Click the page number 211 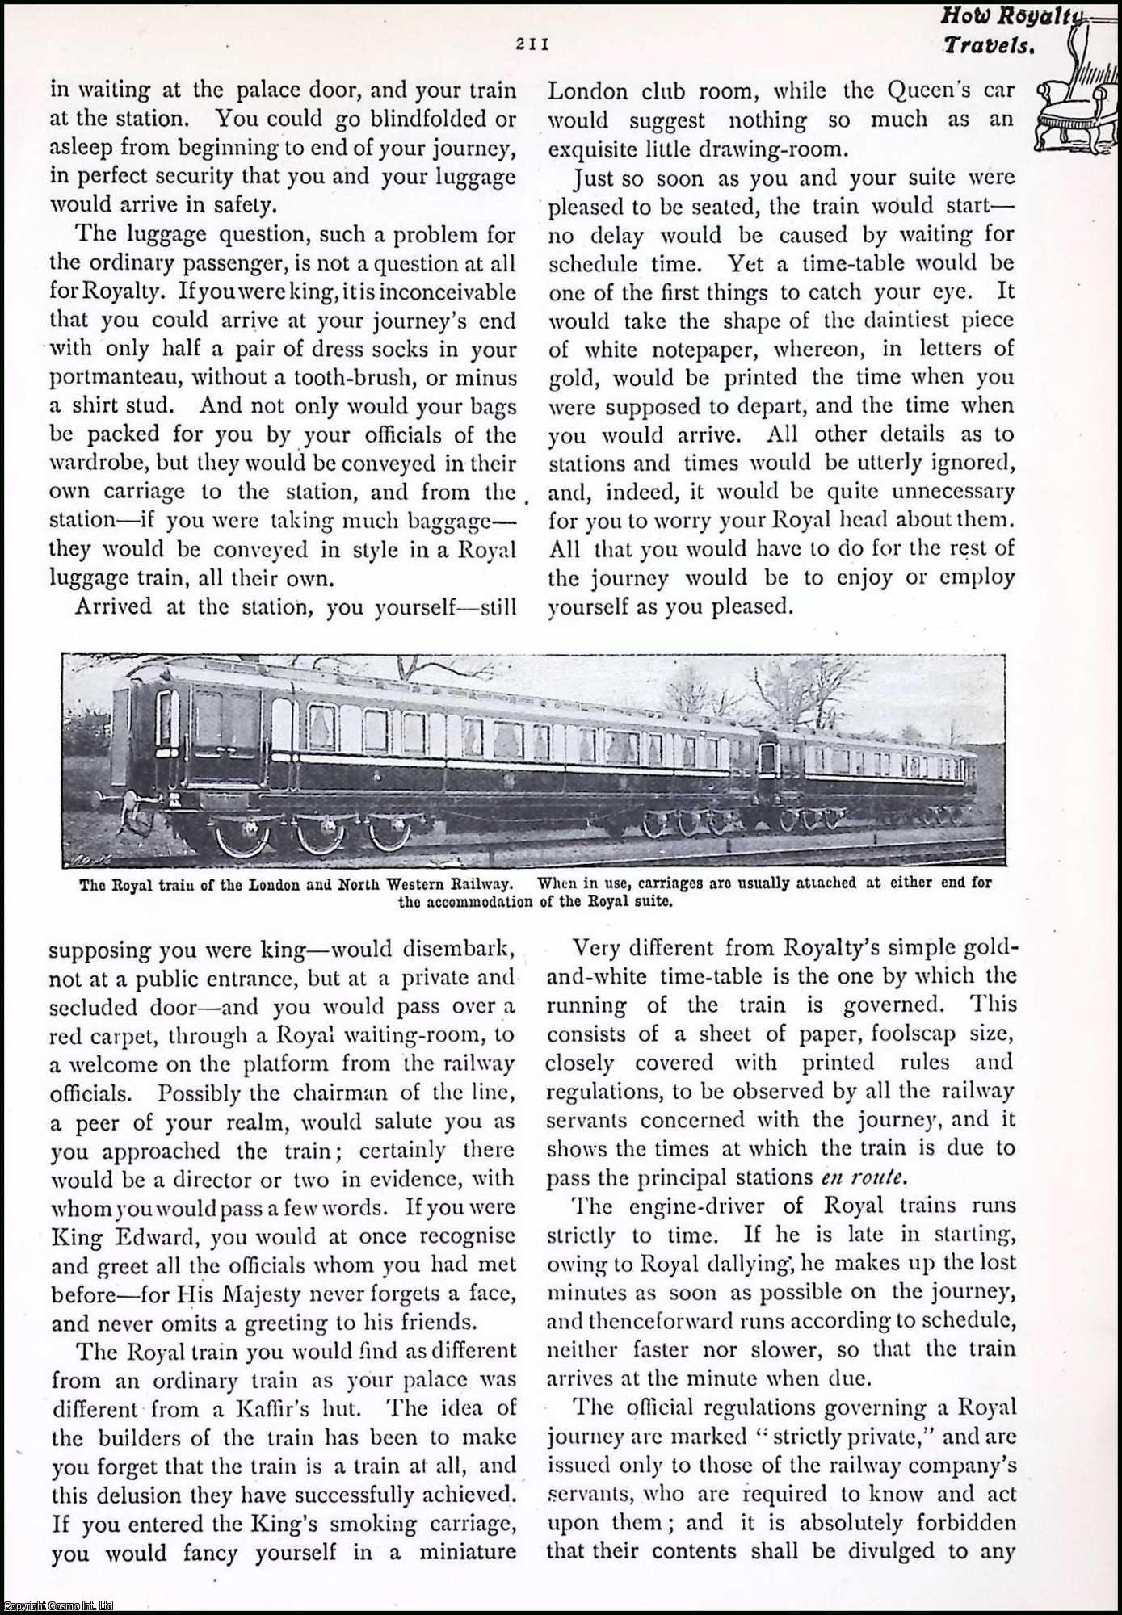[532, 45]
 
